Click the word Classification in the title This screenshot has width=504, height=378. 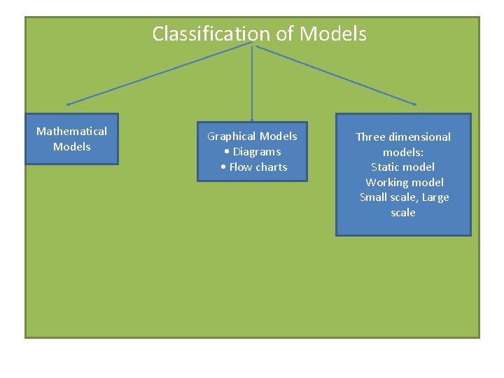211,34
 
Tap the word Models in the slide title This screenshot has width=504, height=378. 332,34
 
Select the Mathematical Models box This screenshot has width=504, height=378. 71,139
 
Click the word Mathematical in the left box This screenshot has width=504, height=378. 71,131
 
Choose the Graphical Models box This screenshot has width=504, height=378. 252,151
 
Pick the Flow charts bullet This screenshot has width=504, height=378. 253,167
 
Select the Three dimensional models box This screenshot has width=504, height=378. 403,174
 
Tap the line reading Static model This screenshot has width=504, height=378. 402,167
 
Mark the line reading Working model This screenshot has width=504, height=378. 404,182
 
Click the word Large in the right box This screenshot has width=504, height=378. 435,197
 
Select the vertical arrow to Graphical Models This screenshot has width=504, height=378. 252,80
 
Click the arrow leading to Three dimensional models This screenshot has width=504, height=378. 336,74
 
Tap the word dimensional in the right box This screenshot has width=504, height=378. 421,136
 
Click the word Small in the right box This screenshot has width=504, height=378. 373,197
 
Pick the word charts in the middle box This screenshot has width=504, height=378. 271,167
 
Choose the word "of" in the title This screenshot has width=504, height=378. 285,34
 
